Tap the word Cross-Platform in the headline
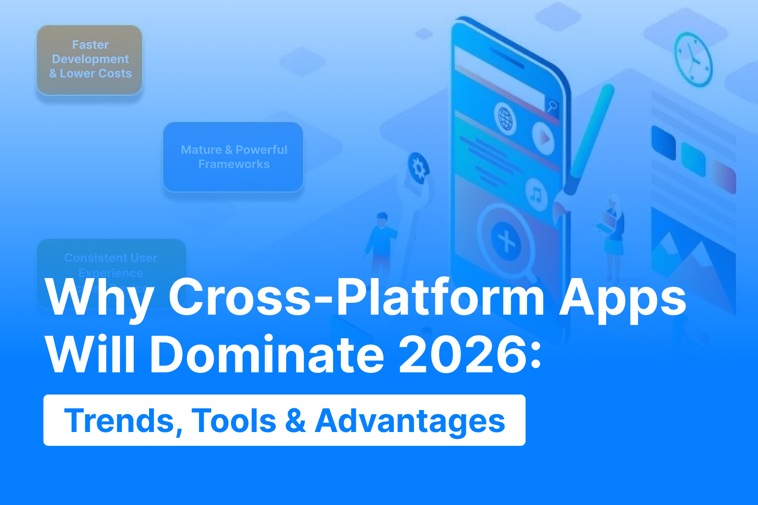click(x=356, y=297)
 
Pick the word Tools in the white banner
click(x=234, y=421)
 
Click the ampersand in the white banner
click(x=295, y=421)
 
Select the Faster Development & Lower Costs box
click(x=90, y=60)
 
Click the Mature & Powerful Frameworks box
click(x=233, y=157)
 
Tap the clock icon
click(x=693, y=59)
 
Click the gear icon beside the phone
click(x=418, y=168)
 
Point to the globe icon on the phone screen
click(x=505, y=118)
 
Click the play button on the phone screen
click(x=543, y=138)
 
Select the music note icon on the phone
click(x=536, y=194)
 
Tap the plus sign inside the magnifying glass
click(x=506, y=241)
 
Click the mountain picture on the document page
click(x=691, y=252)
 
